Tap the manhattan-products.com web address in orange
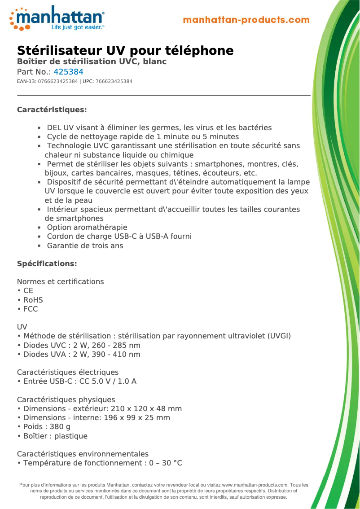(246, 20)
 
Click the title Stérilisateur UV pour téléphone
(125, 50)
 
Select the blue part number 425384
(68, 72)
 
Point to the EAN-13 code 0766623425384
(58, 81)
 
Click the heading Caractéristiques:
(52, 110)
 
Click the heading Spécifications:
(47, 263)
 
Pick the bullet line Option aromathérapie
(87, 228)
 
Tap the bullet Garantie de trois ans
(85, 246)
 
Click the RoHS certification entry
(33, 300)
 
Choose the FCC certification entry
(31, 309)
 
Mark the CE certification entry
(28, 291)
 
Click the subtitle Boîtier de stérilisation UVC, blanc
(92, 61)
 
